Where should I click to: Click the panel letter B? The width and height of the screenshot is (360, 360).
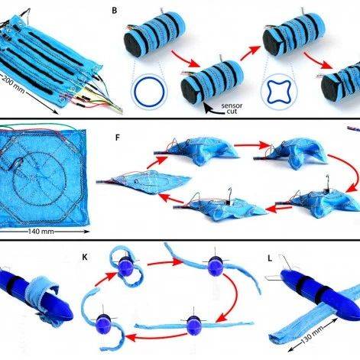pos(115,11)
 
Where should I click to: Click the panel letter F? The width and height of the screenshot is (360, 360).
pos(117,138)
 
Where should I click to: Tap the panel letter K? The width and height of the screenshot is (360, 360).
pos(85,258)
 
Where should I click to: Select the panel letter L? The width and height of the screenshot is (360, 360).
pos(270,258)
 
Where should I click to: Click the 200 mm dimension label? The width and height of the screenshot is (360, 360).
pos(13,84)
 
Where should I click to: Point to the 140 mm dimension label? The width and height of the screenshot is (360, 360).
pos(41,232)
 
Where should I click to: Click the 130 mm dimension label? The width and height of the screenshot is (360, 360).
pos(313,334)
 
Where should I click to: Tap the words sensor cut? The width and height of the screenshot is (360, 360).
pos(232,109)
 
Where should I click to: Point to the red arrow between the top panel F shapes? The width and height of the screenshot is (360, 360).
pos(251,145)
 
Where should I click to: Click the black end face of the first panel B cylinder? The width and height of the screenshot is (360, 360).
pos(133,41)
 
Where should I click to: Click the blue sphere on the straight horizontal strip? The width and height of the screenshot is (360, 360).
pos(194,326)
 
